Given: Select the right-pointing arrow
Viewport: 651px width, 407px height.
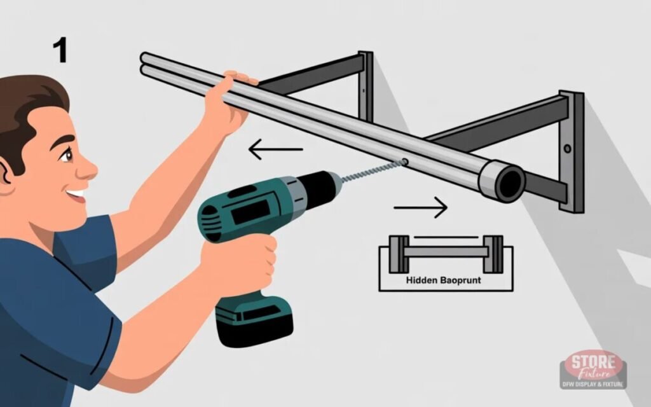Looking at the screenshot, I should (420, 207).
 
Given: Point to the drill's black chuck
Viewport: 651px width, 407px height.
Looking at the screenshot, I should (318, 186).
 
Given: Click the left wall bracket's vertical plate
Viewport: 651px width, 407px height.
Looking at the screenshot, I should (365, 86).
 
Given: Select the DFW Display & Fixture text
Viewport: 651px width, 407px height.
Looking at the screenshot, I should (593, 383).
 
